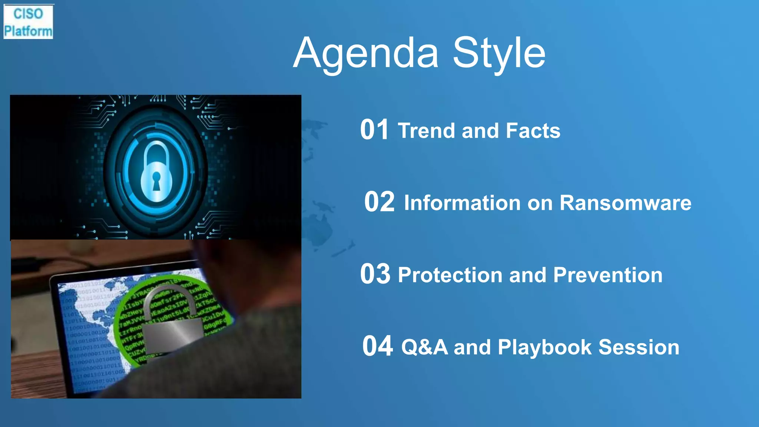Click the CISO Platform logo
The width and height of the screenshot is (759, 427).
(28, 22)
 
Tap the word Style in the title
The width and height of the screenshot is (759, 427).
(499, 53)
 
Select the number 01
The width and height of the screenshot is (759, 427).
(374, 130)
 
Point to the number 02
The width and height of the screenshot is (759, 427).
(379, 202)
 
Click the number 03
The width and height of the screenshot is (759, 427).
(375, 274)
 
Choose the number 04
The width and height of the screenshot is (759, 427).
(377, 346)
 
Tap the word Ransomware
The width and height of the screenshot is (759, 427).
(625, 203)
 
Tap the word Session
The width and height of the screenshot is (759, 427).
(639, 347)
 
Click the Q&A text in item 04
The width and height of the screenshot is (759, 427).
(424, 347)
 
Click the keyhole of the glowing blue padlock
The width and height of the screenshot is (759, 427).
(156, 180)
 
